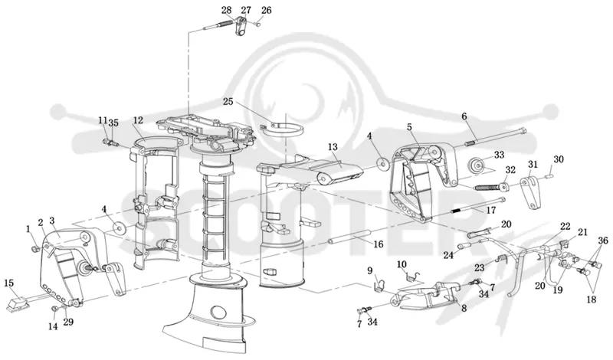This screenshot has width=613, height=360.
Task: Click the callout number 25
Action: (x=228, y=102)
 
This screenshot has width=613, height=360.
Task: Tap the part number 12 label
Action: (x=138, y=120)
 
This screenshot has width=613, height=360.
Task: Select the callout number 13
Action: (x=333, y=147)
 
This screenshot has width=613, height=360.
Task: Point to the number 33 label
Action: (x=500, y=155)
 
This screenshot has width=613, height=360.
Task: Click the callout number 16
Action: (x=378, y=244)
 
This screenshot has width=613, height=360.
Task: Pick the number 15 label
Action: (x=10, y=282)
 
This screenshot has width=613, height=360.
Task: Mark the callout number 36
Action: (x=603, y=241)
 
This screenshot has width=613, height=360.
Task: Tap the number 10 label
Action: (x=402, y=264)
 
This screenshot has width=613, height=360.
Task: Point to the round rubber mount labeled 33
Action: (x=477, y=165)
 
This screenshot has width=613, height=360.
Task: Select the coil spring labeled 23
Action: (x=504, y=260)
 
